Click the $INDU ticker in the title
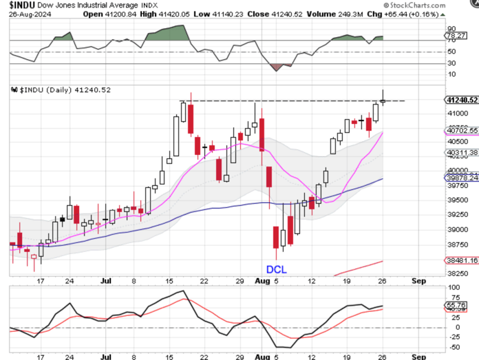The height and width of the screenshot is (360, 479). click(21, 5)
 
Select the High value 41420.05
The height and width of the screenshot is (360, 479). click(194, 14)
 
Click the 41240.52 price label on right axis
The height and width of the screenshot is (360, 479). click(462, 100)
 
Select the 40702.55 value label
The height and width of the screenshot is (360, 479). click(462, 130)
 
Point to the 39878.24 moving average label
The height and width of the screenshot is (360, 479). click(462, 178)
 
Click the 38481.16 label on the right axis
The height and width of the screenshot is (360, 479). click(462, 262)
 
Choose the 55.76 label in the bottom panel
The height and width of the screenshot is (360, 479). click(457, 304)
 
